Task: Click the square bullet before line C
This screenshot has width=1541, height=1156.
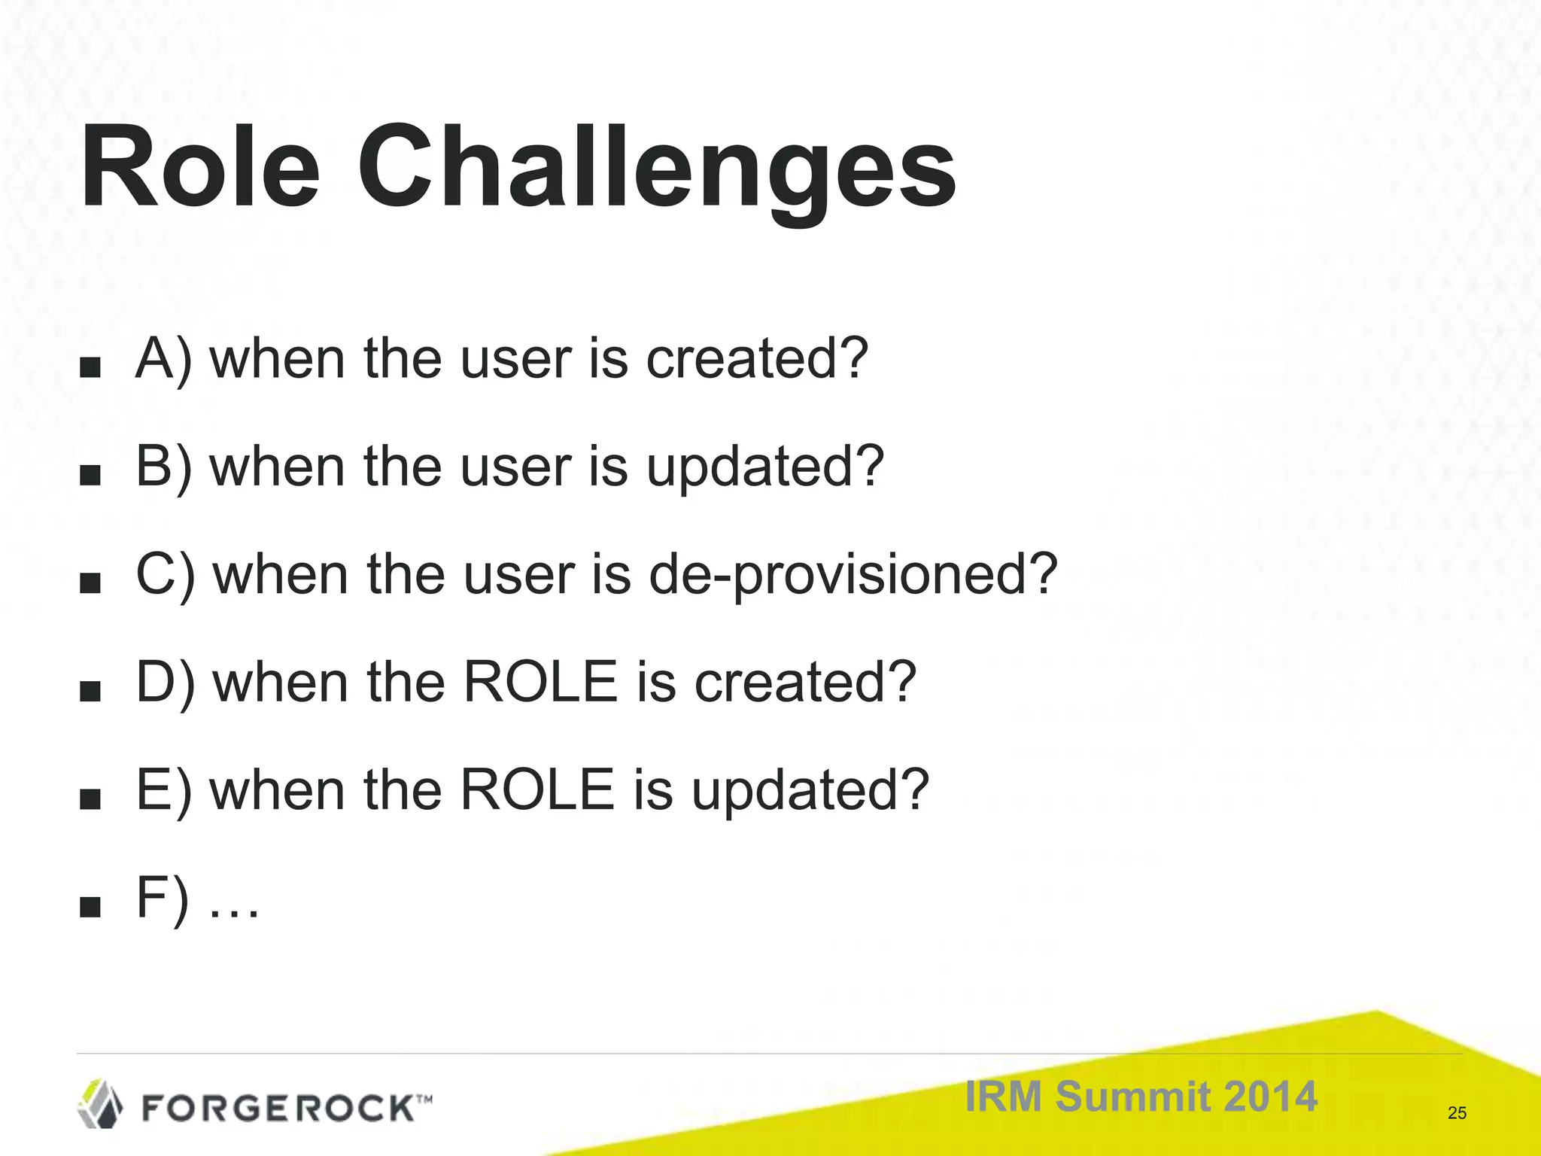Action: (x=90, y=583)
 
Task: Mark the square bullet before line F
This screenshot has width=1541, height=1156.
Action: (x=90, y=908)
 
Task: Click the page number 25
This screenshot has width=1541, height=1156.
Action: (x=1457, y=1113)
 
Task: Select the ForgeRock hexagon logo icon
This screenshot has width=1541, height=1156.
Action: (x=100, y=1103)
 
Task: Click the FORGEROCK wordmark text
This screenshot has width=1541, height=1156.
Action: (x=278, y=1108)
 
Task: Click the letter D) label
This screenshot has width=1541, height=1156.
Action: (x=165, y=682)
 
